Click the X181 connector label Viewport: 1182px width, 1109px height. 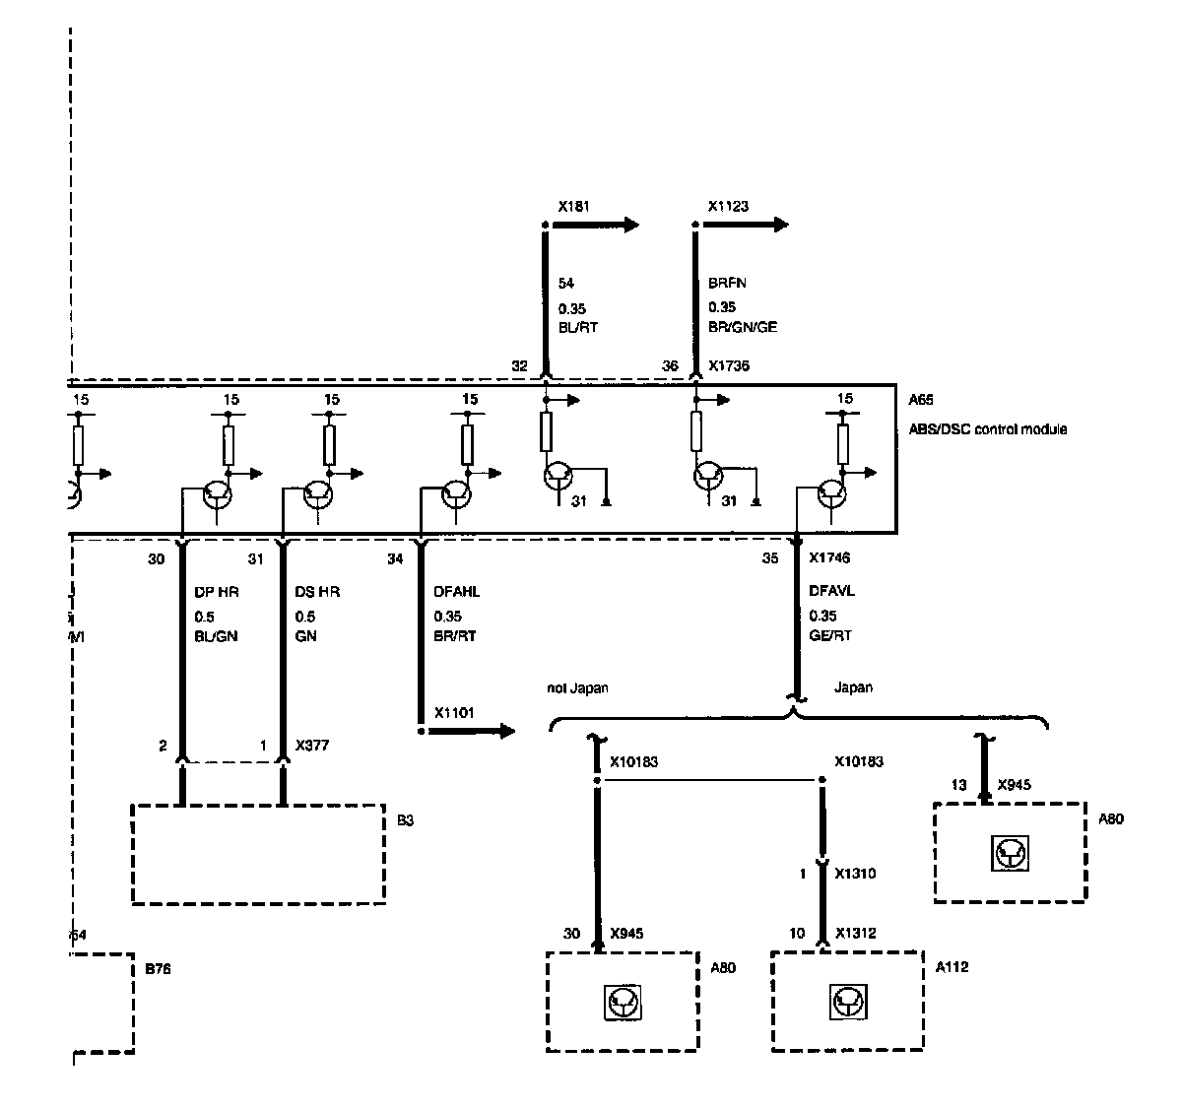573,207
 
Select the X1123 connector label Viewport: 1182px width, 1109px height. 728,207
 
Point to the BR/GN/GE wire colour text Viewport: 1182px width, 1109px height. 743,326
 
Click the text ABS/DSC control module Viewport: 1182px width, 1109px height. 988,429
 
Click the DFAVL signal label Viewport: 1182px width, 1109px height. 832,592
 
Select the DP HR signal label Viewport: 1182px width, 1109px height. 217,592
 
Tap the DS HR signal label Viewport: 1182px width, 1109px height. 318,592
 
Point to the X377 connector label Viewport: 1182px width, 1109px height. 312,746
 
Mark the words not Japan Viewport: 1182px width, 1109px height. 578,688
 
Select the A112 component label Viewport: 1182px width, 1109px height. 952,967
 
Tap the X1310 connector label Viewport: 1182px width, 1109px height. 855,874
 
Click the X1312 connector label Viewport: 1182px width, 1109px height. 855,933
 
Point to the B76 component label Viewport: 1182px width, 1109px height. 159,968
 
